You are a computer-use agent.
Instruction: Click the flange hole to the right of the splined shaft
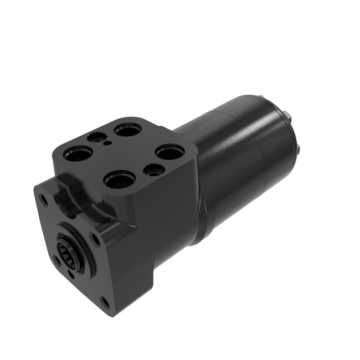pos(96,239)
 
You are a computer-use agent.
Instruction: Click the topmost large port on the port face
pos(128,130)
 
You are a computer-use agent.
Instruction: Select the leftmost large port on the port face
pos(78,153)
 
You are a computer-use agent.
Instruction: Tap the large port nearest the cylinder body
pos(169,151)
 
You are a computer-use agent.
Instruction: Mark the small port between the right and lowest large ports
pos(152,169)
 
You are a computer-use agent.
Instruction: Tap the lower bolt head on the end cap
pos(299,150)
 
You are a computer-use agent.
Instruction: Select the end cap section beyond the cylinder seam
pos(277,138)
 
